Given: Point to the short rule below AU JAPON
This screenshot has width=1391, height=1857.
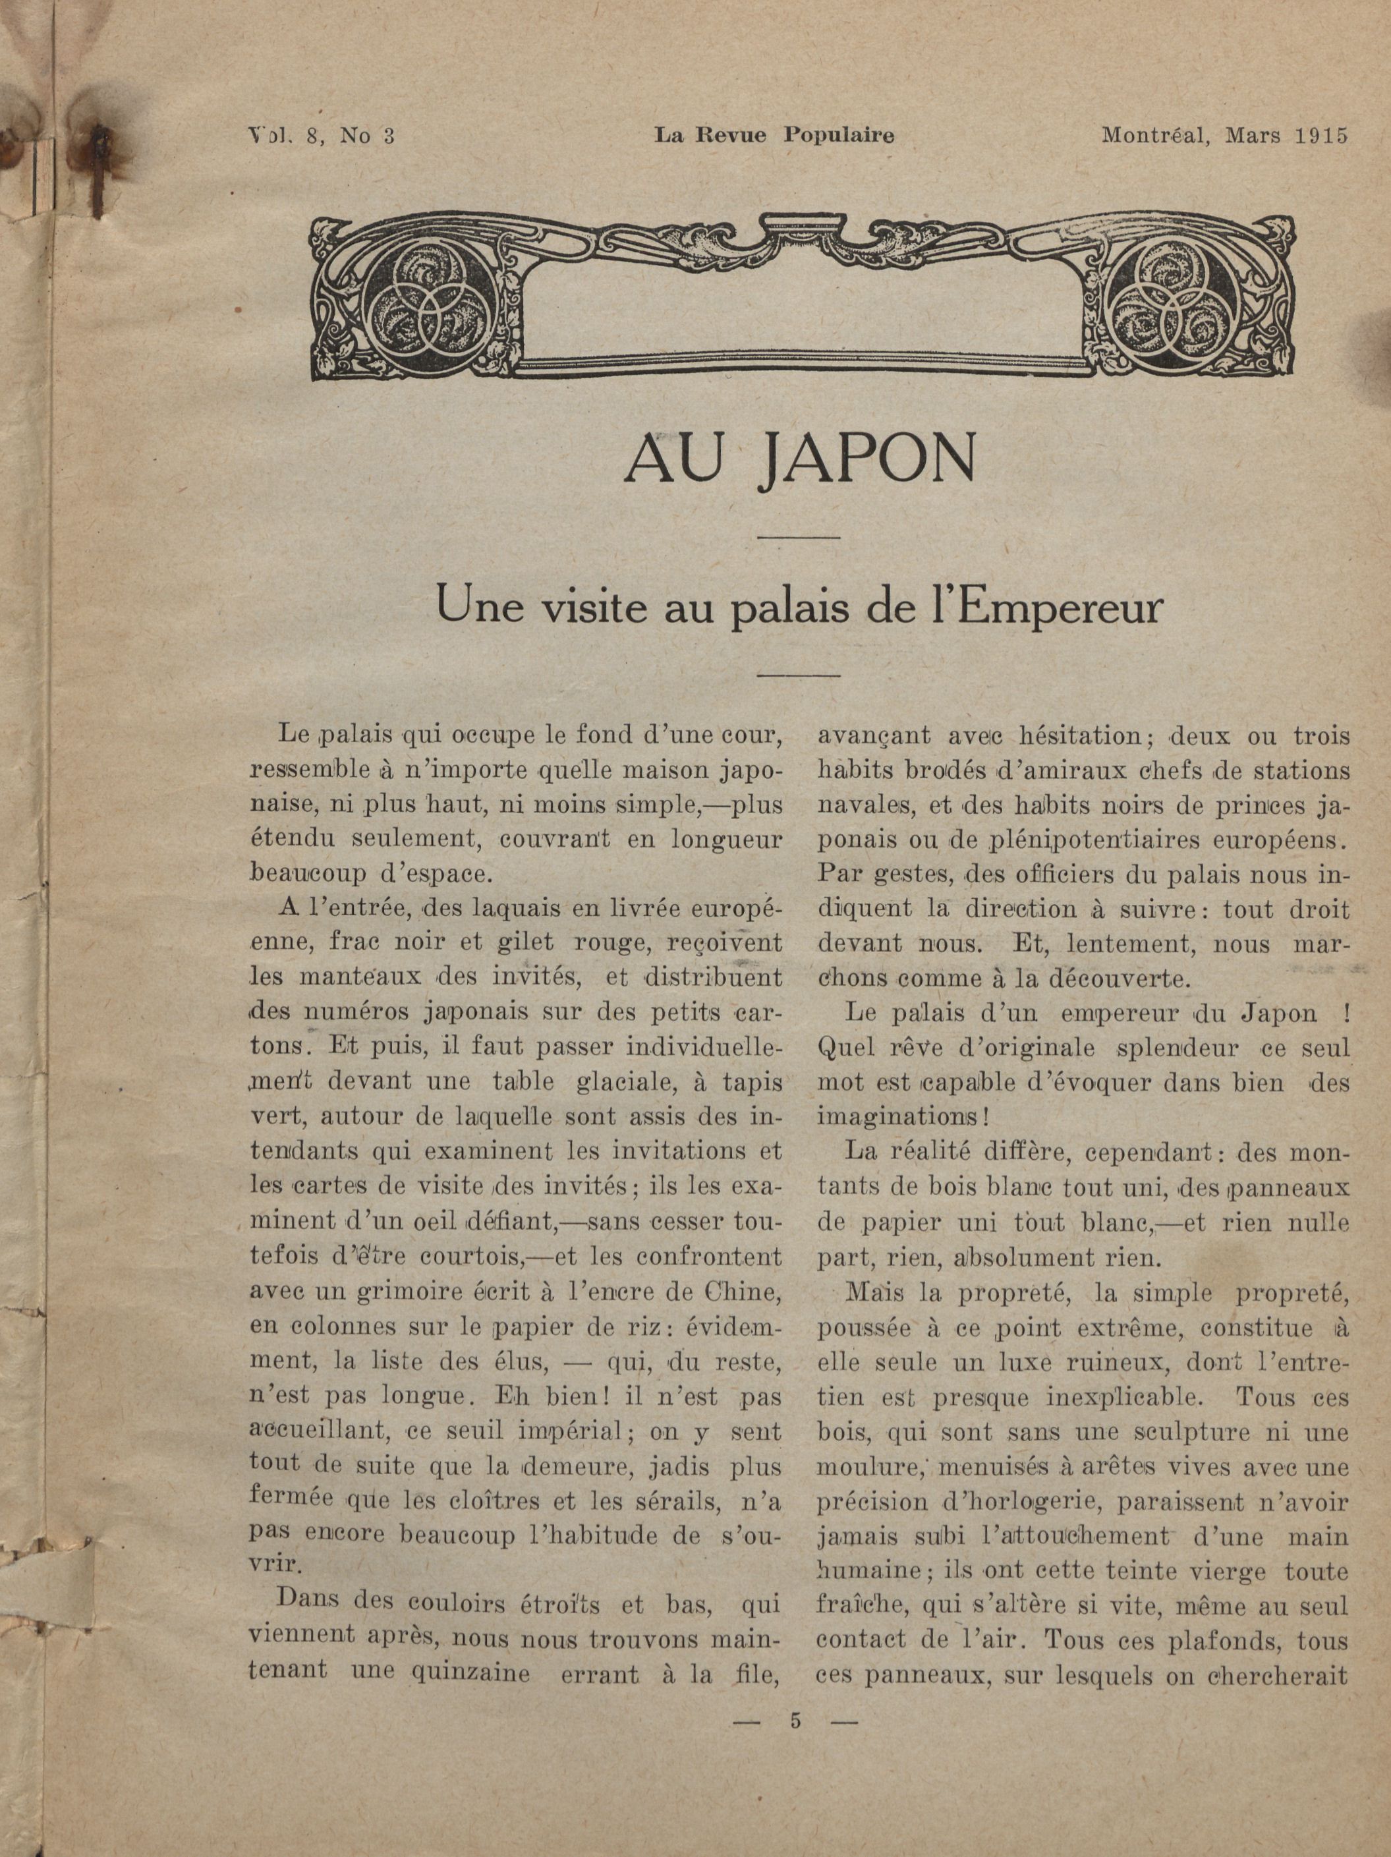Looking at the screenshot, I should (799, 536).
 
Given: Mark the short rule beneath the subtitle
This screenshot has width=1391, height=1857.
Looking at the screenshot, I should (799, 674).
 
